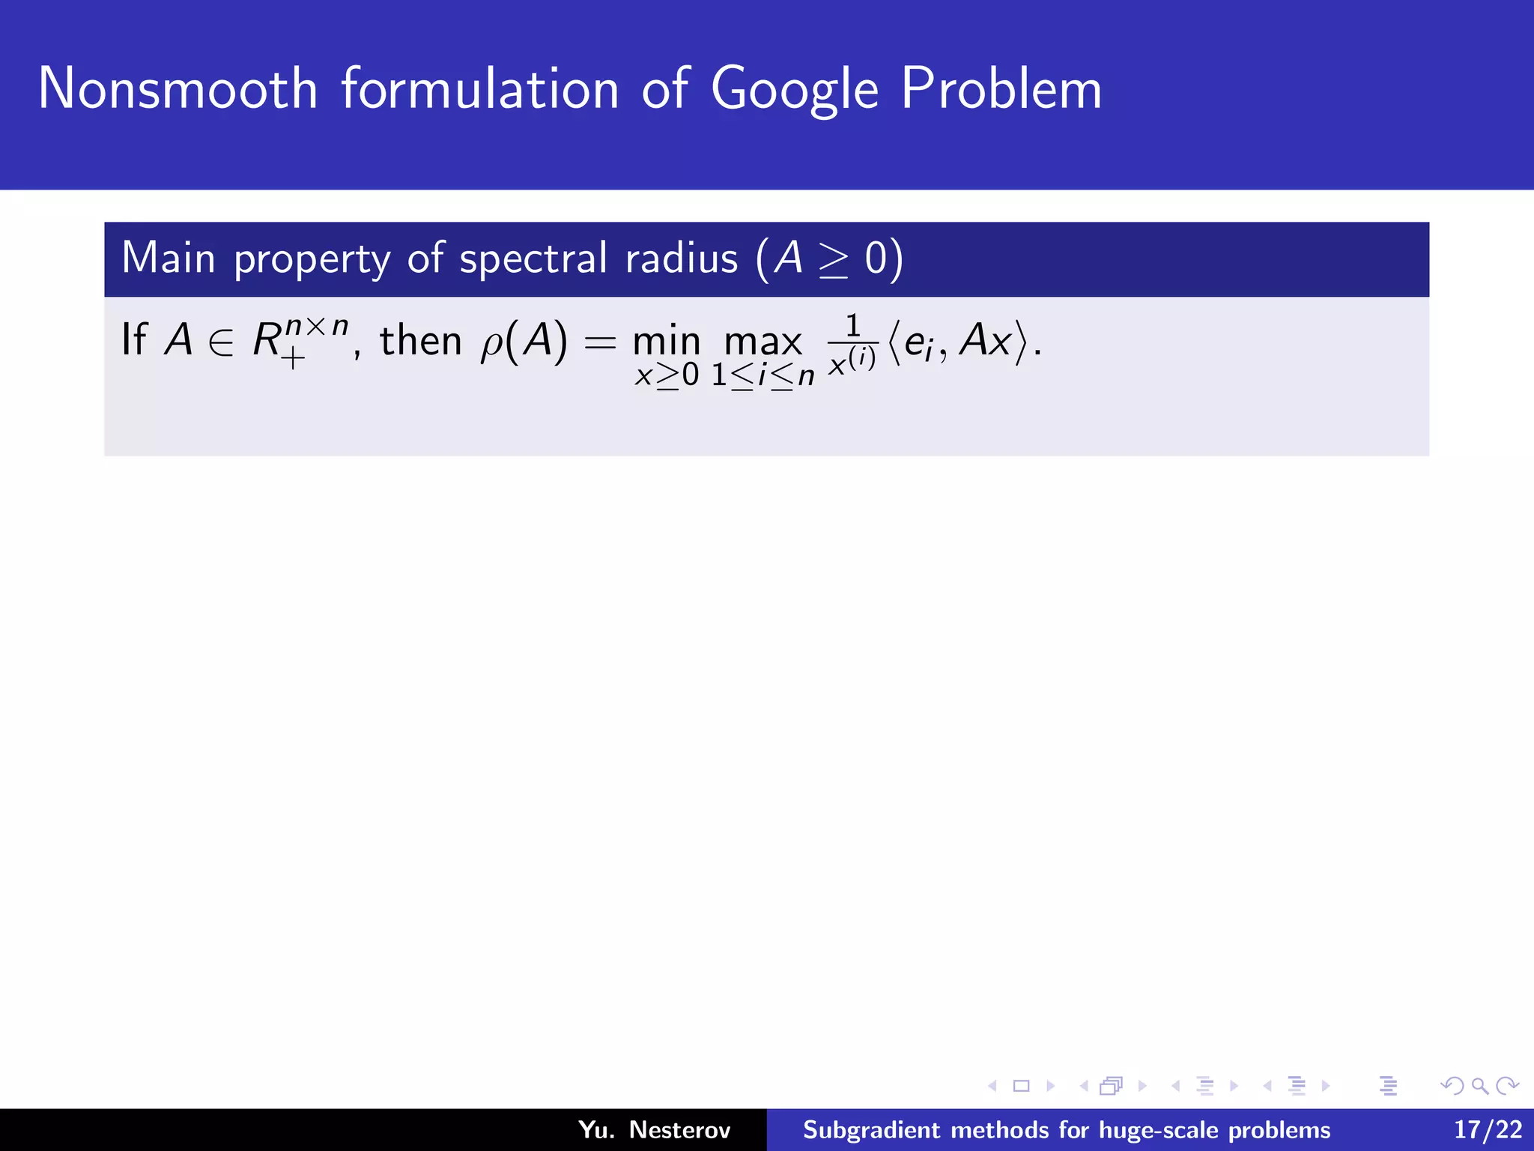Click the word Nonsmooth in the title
click(178, 88)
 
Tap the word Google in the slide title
click(794, 90)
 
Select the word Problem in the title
click(1001, 88)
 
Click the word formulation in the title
click(480, 88)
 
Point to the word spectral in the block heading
click(533, 259)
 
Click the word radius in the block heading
click(682, 258)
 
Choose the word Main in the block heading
click(169, 258)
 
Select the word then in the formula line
click(420, 341)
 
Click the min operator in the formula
click(666, 342)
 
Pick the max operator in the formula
click(763, 342)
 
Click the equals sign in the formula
click(599, 344)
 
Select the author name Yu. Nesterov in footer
click(654, 1129)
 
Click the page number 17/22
click(1488, 1129)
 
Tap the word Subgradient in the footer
click(871, 1129)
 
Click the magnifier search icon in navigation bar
click(1479, 1086)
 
